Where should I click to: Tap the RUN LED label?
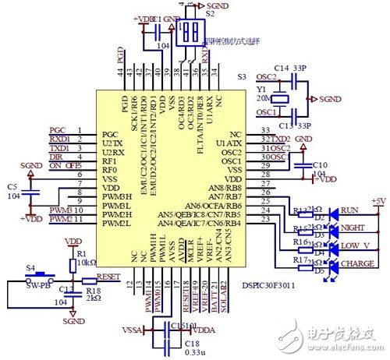350,210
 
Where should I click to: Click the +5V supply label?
378,201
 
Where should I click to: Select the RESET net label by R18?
108,275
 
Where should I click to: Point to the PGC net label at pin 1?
58,129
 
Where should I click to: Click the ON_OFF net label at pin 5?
64,165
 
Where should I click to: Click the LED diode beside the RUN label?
330,211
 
